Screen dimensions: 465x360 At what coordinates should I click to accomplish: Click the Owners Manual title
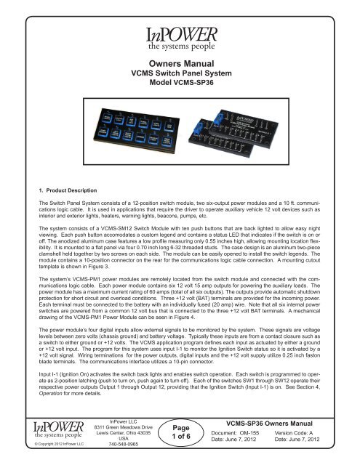tap(180, 64)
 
